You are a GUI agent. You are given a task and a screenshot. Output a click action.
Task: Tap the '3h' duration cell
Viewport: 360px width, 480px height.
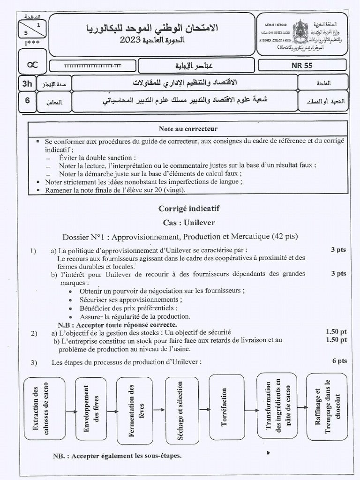click(27, 84)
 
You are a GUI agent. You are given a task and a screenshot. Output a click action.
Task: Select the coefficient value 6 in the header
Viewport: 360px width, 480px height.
click(27, 100)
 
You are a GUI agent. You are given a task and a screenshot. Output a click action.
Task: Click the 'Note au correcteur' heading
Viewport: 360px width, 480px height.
click(187, 128)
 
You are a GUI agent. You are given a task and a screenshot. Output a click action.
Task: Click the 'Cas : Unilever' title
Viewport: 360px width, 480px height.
click(189, 222)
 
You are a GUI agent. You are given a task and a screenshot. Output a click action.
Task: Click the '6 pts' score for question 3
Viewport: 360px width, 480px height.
click(339, 361)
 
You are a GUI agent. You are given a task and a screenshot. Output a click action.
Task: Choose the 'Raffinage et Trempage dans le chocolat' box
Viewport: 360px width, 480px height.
click(327, 406)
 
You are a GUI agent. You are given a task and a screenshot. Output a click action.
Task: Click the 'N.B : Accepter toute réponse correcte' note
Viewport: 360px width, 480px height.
click(117, 324)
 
